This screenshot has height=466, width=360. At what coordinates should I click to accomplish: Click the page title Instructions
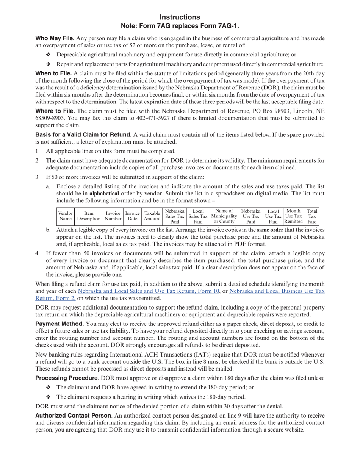pyautogui.click(x=180, y=17)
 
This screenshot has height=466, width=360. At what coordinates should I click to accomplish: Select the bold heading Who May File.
pyautogui.click(x=55, y=38)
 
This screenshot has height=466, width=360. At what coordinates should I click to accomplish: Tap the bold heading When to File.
pyautogui.click(x=53, y=73)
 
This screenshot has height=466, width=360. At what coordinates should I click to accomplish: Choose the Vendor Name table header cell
pyautogui.click(x=66, y=216)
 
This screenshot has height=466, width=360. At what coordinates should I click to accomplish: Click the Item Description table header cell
pyautogui.click(x=89, y=216)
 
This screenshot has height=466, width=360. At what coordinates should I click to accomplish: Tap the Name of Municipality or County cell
pyautogui.click(x=224, y=216)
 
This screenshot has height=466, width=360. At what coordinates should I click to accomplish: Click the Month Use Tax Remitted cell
pyautogui.click(x=294, y=216)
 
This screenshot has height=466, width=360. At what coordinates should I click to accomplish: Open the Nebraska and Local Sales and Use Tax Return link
pyautogui.click(x=149, y=291)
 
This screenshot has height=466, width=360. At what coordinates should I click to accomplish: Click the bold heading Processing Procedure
pyautogui.click(x=66, y=378)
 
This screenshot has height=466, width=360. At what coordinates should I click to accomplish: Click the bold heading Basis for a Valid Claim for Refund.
pyautogui.click(x=83, y=134)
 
